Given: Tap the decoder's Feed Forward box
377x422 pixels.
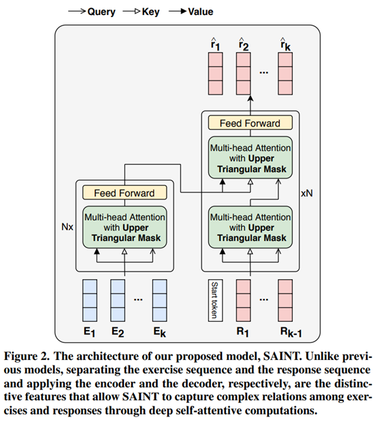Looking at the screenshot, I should (x=250, y=123).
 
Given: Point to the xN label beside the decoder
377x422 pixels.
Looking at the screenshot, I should (x=308, y=193).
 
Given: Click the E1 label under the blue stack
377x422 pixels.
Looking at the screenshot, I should (x=91, y=334).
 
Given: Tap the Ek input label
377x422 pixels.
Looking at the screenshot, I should (x=161, y=334).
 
